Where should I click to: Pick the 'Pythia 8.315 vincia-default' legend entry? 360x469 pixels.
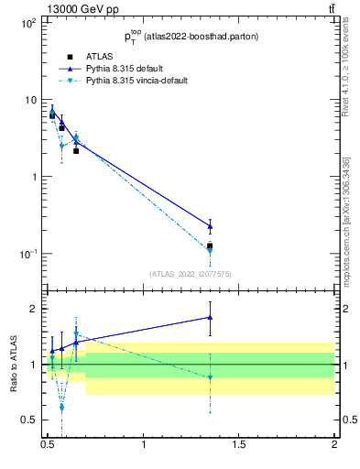click(x=137, y=81)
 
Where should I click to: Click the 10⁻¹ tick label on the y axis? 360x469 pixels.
click(x=27, y=254)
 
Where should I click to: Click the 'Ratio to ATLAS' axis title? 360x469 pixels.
click(x=12, y=365)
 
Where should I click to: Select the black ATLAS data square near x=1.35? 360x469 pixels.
click(x=210, y=246)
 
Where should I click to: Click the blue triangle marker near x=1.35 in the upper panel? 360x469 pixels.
click(x=210, y=225)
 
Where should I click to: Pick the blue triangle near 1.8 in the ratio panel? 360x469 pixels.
click(x=210, y=317)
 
